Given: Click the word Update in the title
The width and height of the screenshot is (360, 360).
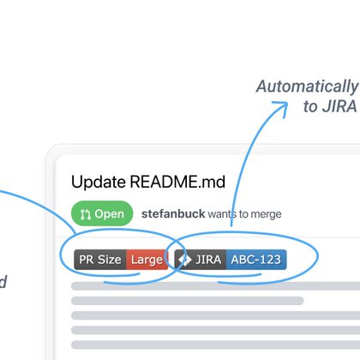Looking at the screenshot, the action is click(x=99, y=182).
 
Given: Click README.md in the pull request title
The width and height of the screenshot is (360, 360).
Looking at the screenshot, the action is click(x=177, y=182).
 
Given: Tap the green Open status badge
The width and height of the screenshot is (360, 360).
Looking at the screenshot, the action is click(x=102, y=213).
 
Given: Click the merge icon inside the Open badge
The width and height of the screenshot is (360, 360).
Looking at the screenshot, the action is click(x=86, y=214).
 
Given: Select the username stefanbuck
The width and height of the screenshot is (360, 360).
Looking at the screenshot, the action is click(x=173, y=213).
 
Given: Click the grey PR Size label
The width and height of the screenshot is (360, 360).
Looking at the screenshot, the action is click(x=100, y=260).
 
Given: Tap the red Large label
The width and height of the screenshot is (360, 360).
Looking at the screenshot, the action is click(x=147, y=260).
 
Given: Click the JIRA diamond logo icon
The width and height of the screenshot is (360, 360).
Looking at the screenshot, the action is click(x=184, y=260).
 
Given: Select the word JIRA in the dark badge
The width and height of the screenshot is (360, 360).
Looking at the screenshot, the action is click(x=208, y=260).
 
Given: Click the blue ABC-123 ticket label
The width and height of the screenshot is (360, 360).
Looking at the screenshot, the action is click(x=256, y=260).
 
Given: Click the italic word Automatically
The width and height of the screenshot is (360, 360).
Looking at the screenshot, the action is click(x=308, y=87).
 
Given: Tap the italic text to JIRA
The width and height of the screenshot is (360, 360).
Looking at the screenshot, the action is click(x=330, y=106).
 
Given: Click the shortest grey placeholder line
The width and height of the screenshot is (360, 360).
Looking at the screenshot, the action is click(x=188, y=301).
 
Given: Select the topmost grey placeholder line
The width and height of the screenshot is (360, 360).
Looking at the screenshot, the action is click(x=215, y=286).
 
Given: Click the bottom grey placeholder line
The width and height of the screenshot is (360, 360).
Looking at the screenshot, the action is click(x=215, y=345).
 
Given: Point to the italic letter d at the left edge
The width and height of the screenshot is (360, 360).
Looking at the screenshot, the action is click(x=3, y=281).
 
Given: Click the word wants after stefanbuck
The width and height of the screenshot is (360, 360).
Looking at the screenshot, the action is click(x=222, y=214).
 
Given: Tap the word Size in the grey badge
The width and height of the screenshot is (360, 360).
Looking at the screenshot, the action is click(x=110, y=260).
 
